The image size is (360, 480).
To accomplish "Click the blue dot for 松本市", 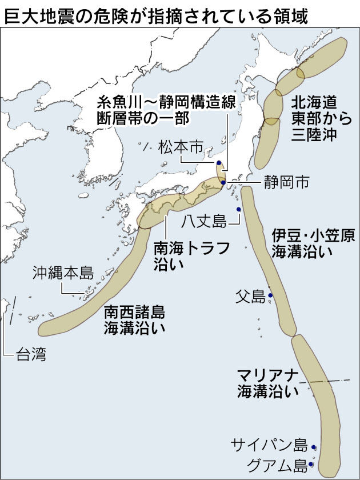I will point(219,163).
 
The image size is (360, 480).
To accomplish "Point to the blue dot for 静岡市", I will point(223,183).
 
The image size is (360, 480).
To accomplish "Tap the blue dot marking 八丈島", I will point(239,210).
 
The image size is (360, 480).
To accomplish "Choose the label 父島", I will point(250,296).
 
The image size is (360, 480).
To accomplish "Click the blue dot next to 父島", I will point(270,295).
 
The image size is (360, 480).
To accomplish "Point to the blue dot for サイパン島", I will point(314,448).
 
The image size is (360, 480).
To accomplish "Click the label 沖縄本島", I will point(63,271).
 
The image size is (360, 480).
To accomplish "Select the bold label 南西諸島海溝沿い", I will point(134,320).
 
